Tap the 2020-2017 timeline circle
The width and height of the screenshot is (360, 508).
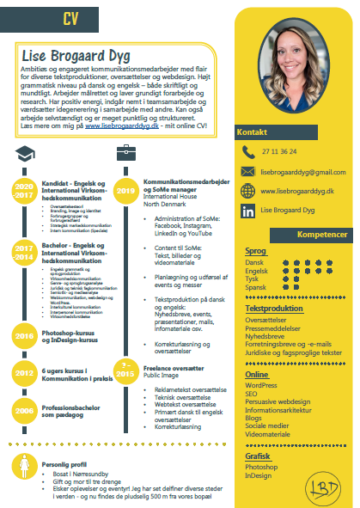(24, 190)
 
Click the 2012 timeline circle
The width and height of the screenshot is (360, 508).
(24, 374)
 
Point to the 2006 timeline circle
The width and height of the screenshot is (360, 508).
(24, 411)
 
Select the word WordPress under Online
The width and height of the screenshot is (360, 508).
(262, 385)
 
